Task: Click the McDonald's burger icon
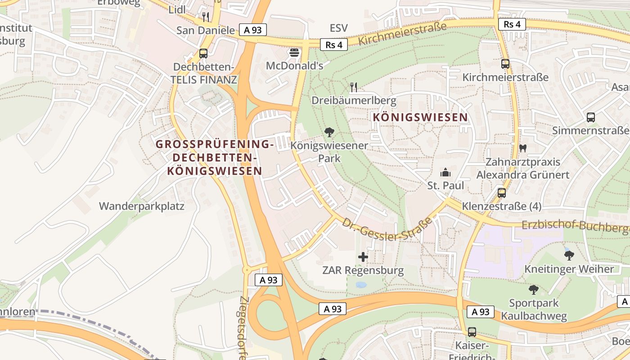click(294, 53)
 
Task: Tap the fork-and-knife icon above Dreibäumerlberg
click(354, 87)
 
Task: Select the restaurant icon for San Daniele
click(206, 17)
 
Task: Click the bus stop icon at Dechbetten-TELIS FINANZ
click(203, 54)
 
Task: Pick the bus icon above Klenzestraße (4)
click(502, 193)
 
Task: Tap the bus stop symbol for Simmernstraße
click(591, 117)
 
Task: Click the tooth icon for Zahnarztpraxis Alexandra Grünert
click(523, 148)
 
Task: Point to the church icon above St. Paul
click(445, 172)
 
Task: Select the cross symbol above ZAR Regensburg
click(363, 257)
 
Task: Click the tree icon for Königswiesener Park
click(329, 132)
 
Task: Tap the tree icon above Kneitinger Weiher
click(569, 256)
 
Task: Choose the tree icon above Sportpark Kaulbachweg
click(534, 289)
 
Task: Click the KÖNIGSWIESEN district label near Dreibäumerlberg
click(420, 117)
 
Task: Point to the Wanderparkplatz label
click(142, 206)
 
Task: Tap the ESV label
click(338, 28)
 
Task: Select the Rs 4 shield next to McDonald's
click(334, 45)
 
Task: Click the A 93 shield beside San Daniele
click(253, 30)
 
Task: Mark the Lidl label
click(177, 10)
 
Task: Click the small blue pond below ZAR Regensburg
click(361, 285)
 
